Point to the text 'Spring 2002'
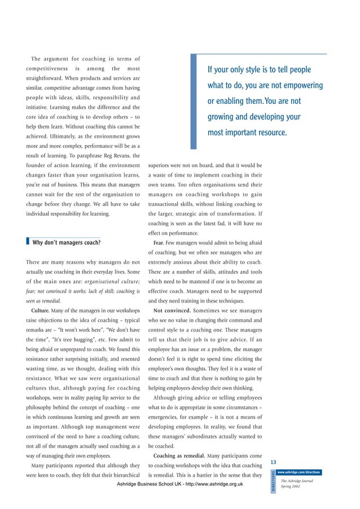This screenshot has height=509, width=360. coord(291,486)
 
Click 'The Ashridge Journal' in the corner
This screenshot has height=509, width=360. coord(300,480)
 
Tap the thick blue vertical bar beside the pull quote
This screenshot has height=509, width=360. coord(194,102)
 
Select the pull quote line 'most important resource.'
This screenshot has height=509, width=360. coord(247,133)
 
